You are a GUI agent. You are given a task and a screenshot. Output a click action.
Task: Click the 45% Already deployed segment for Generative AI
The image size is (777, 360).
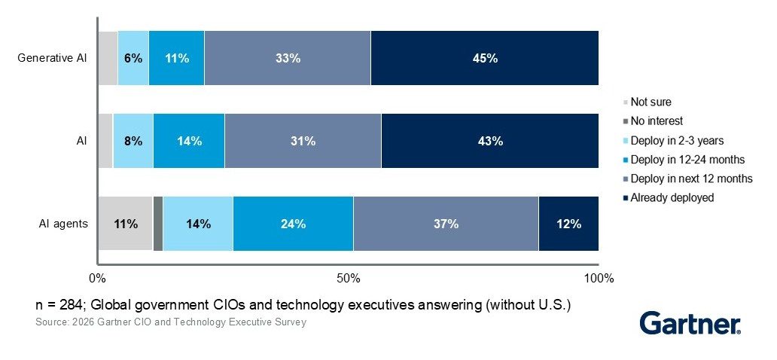click(484, 58)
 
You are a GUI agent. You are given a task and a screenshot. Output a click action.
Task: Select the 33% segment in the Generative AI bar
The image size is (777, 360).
click(288, 58)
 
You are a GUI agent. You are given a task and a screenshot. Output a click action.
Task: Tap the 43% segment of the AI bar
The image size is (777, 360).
click(489, 141)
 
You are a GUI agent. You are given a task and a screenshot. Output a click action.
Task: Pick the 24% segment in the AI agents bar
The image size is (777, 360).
click(293, 224)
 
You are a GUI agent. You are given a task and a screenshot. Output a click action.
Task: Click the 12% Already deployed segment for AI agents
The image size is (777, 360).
click(568, 224)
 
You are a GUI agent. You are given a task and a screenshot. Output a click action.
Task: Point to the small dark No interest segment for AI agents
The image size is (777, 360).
click(157, 224)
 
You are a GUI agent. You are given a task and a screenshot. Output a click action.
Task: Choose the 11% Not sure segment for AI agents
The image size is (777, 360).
click(125, 224)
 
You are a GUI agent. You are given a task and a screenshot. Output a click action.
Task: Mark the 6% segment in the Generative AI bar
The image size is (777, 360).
click(133, 58)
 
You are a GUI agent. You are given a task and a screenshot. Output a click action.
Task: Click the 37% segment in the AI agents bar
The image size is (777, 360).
click(446, 224)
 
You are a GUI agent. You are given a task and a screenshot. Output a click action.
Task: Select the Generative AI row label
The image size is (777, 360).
click(53, 58)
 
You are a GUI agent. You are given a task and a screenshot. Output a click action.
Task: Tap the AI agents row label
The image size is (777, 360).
click(64, 224)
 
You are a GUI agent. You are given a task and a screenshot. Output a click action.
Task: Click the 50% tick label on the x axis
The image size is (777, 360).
click(348, 279)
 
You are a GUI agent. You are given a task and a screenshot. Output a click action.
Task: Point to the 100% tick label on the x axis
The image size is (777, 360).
click(599, 279)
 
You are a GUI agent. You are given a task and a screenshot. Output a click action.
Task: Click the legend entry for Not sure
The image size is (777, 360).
click(651, 102)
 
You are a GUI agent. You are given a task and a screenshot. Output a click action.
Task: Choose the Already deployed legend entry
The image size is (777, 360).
click(672, 197)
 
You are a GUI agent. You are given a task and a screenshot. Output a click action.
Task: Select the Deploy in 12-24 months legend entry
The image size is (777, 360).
click(687, 159)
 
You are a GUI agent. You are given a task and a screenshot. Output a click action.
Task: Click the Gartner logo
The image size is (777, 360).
click(690, 324)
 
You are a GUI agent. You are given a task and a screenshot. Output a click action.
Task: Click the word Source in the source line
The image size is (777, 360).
click(50, 322)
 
